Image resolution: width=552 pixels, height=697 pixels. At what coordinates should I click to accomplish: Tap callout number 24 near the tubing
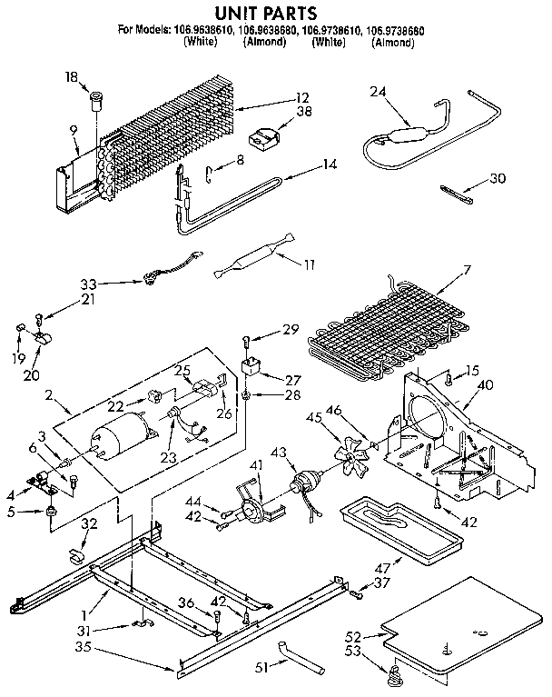click(378, 91)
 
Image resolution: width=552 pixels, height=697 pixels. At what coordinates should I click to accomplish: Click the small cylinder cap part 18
click(96, 97)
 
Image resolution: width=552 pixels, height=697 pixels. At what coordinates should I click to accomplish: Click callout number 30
click(498, 178)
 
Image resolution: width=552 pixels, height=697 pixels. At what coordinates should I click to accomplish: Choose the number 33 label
click(88, 284)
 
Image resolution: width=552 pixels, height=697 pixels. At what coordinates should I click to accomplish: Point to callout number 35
click(84, 648)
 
